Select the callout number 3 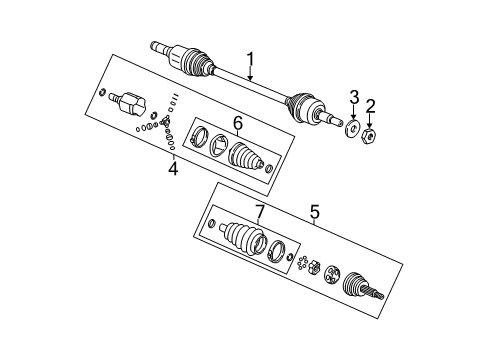353,97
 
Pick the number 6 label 238,122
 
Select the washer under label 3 352,128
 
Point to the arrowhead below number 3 352,119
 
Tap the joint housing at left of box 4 129,102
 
